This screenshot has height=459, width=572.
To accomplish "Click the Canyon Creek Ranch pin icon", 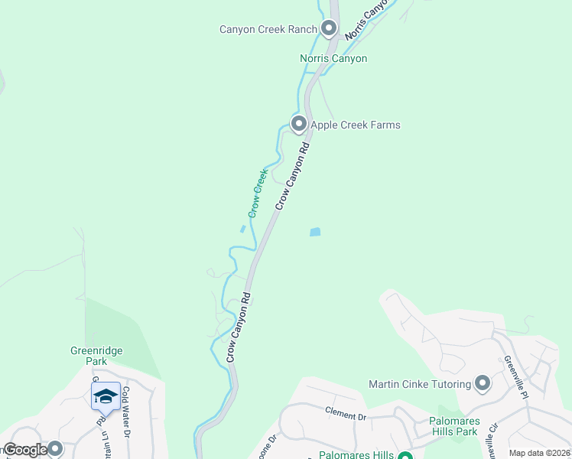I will click(330, 29).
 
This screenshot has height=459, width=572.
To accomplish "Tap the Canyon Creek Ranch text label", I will click(267, 30).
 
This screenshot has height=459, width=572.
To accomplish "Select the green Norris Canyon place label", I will click(333, 58).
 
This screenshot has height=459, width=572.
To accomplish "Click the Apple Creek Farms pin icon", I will click(298, 123).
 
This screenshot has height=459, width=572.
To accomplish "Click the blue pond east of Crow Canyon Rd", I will click(315, 232).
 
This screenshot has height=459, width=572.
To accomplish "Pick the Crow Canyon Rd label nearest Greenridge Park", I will click(239, 327).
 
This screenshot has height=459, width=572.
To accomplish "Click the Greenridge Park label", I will click(97, 356).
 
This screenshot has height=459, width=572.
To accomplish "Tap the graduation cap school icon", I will click(106, 396).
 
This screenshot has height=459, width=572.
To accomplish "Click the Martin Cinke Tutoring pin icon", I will click(483, 382).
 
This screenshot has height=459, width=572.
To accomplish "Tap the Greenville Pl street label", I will click(516, 376).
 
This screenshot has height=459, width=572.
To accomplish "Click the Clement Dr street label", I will click(346, 415).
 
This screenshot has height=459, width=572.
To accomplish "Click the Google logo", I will click(25, 450).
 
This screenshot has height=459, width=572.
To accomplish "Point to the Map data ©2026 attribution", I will click(539, 453).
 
